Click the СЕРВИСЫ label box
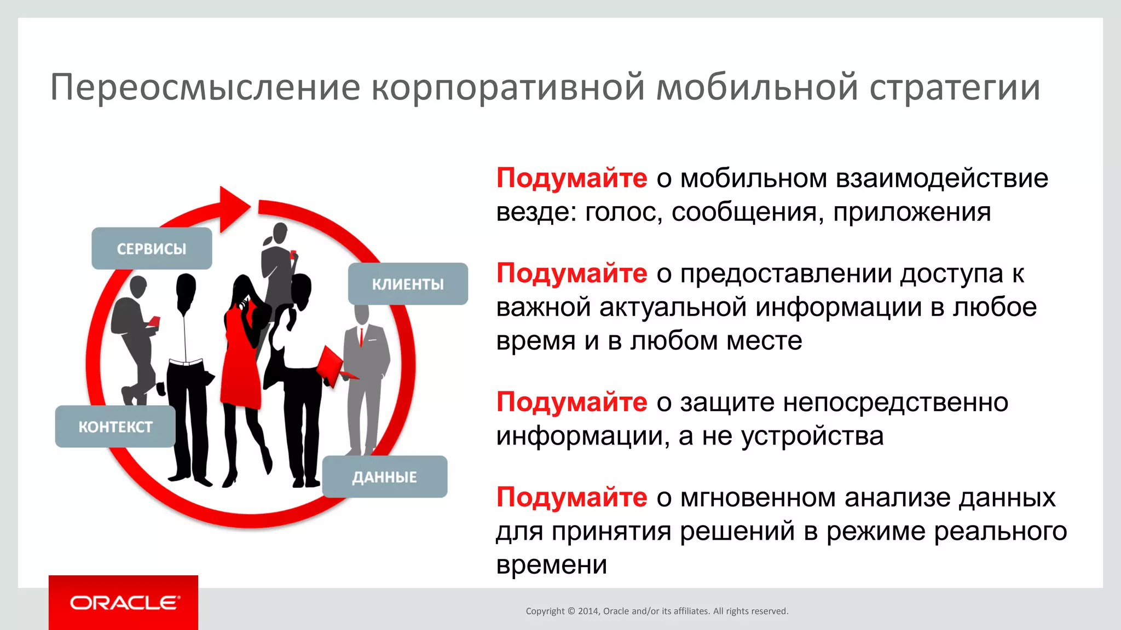tap(152, 249)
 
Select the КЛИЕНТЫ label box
tap(408, 284)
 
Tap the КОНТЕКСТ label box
tap(115, 427)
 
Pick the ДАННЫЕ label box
tap(384, 477)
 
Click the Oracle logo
tap(124, 603)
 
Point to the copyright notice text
tap(657, 611)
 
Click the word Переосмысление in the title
tap(205, 87)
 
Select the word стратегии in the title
tap(955, 87)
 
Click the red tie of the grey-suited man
tap(361, 336)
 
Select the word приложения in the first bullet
tap(912, 212)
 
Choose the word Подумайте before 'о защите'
tap(571, 402)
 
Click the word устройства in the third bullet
tap(812, 436)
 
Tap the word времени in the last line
tap(552, 564)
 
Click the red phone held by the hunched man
tap(154, 321)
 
